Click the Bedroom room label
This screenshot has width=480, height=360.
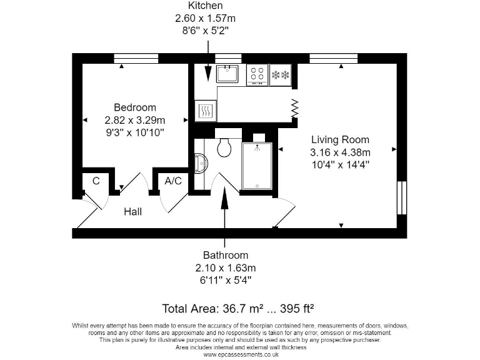tap(134, 107)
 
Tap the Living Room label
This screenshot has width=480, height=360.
tap(340, 139)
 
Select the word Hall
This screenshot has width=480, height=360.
tap(132, 212)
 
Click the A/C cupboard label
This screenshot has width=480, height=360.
tap(173, 181)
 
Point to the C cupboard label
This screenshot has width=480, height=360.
tap(96, 181)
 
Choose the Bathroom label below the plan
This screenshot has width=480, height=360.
tap(225, 255)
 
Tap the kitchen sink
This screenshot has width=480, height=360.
tap(228, 74)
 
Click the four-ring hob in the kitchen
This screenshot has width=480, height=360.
tap(257, 74)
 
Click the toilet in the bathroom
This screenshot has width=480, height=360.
tap(224, 147)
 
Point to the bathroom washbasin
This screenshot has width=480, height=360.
tap(200, 162)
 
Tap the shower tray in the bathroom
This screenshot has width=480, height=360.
tap(256, 166)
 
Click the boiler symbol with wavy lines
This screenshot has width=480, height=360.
tap(205, 111)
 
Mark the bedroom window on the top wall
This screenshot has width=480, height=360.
tap(136, 59)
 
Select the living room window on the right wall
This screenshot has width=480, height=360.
tap(401, 199)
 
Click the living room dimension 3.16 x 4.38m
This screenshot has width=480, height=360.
tap(340, 152)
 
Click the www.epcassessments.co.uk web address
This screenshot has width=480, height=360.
tap(241, 354)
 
